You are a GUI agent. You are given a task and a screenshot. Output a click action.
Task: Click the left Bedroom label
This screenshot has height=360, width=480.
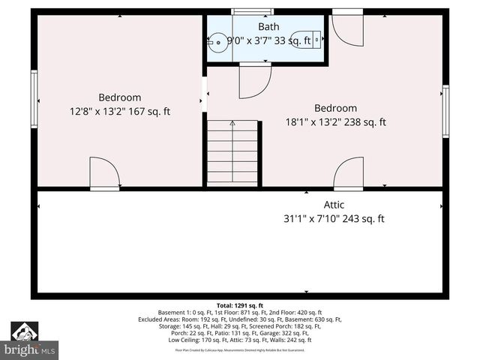click(120, 97)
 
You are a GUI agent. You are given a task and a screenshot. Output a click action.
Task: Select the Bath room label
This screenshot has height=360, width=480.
click(268, 27)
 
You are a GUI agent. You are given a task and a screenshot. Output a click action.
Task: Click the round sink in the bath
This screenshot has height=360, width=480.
click(217, 42)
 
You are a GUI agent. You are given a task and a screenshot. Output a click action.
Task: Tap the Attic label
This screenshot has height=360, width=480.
click(334, 205)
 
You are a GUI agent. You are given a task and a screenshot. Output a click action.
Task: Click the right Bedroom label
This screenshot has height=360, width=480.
click(335, 108)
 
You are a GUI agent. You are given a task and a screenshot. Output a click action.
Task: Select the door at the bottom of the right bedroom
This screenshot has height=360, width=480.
click(349, 174)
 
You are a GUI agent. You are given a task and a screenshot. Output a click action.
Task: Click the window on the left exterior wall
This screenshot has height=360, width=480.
click(34, 98)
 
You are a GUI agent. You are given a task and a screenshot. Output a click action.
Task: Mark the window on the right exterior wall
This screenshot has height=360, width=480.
click(445, 111)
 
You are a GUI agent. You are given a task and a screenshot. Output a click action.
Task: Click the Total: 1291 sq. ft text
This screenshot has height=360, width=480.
click(240, 305)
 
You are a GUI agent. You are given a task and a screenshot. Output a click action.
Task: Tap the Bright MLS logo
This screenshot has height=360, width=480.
click(29, 341)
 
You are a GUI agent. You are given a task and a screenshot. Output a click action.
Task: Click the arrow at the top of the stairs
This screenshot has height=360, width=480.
click(232, 123)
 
